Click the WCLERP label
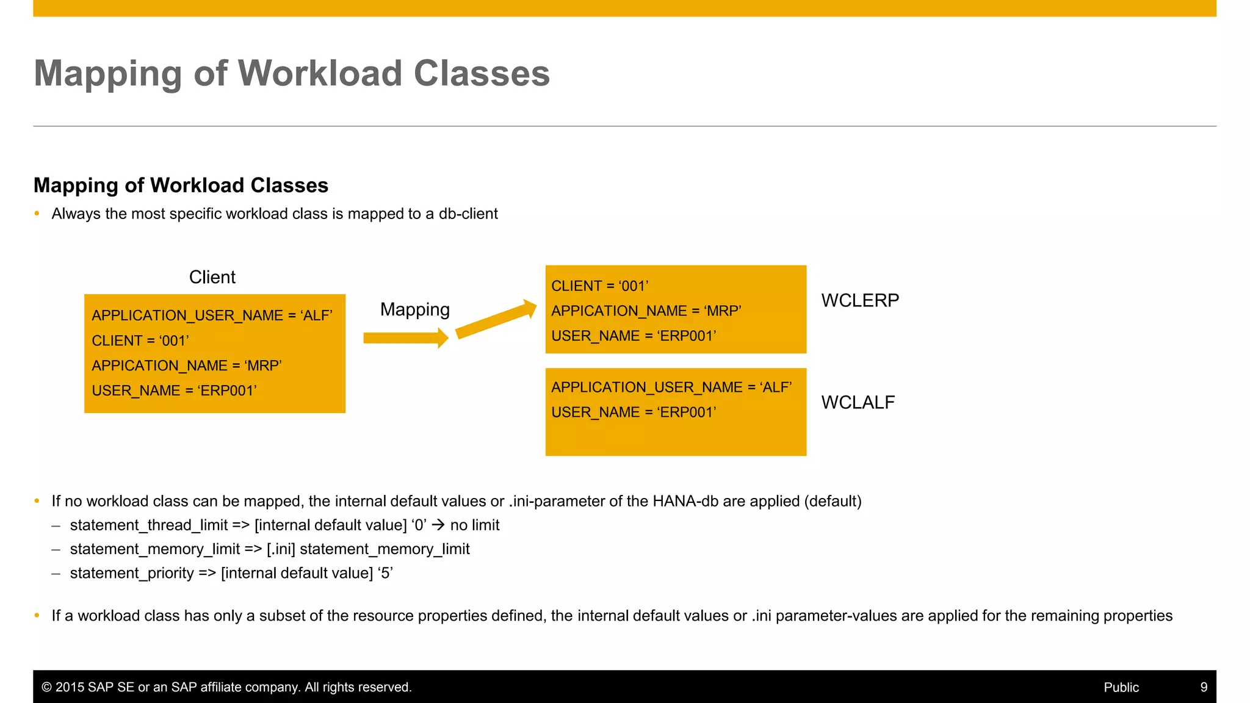click(x=859, y=300)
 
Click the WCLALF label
click(x=858, y=402)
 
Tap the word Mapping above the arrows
click(x=414, y=309)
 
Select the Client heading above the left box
click(x=212, y=277)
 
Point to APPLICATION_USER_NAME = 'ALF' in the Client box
click(x=212, y=315)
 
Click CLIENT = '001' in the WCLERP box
click(x=599, y=286)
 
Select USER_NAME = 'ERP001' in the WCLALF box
click(x=634, y=413)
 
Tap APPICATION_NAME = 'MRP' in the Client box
click(x=186, y=366)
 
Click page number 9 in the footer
click(x=1204, y=687)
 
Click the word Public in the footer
click(x=1121, y=687)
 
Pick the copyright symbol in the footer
click(x=46, y=687)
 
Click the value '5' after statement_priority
click(x=386, y=573)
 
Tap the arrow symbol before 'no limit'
click(x=438, y=525)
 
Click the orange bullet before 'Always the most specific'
click(x=37, y=214)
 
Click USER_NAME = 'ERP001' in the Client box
click(x=174, y=391)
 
